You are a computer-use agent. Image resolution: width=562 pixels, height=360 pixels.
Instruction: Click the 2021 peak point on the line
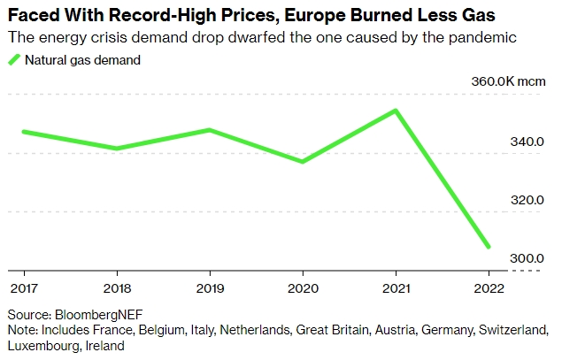tap(396, 111)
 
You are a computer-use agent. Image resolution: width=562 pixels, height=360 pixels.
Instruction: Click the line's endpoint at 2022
tap(489, 247)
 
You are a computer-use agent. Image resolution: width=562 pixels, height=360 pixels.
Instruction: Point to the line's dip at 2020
tap(303, 162)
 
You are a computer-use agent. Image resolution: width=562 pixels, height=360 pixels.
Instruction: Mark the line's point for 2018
tap(116, 149)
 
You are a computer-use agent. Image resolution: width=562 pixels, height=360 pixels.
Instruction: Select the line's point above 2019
tap(209, 130)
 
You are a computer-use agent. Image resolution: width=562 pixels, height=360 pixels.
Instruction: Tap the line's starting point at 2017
tap(23, 132)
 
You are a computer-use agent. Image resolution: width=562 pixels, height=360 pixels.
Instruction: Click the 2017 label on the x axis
tap(23, 287)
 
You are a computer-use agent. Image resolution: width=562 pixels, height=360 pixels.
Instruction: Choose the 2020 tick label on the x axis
tap(303, 287)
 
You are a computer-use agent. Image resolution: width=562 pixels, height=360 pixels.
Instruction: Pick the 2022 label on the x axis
tap(489, 287)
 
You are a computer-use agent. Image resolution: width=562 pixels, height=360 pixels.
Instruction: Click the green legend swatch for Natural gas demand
tap(14, 60)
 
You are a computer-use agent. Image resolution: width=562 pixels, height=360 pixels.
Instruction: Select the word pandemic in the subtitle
tap(485, 38)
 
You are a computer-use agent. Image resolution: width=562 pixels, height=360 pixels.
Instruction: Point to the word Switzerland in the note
tap(513, 330)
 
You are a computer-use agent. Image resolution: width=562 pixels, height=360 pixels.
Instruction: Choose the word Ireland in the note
tap(104, 346)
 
